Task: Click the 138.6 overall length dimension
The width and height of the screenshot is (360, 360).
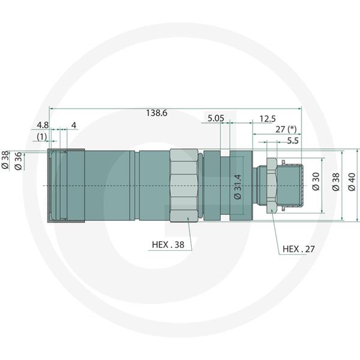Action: pos(157,113)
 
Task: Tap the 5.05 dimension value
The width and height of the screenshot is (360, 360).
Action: pos(216,118)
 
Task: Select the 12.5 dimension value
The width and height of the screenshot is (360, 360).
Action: pos(268,119)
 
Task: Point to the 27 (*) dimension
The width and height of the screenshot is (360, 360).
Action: pos(286,130)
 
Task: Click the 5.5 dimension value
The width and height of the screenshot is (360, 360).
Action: pos(293,141)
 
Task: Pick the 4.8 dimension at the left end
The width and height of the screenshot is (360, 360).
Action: pos(43,125)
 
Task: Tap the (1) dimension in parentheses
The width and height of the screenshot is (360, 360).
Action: pos(42,137)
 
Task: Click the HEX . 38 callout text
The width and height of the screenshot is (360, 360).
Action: pos(168,245)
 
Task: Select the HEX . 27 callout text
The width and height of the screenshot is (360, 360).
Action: pos(298,249)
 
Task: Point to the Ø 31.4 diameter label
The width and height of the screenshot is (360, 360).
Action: pos(238,187)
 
